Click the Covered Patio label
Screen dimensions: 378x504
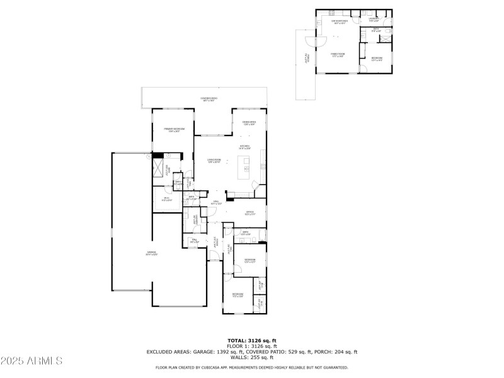pyautogui.click(x=209, y=99)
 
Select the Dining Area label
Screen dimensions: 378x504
pyautogui.click(x=249, y=123)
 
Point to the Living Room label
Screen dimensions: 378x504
pyautogui.click(x=214, y=161)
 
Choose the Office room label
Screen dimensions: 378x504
pyautogui.click(x=249, y=213)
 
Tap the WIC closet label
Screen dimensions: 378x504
pyautogui.click(x=166, y=199)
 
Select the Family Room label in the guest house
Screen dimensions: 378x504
pyautogui.click(x=338, y=55)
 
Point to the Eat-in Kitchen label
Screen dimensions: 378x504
pyautogui.click(x=340, y=21)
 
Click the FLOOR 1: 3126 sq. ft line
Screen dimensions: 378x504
pyautogui.click(x=252, y=346)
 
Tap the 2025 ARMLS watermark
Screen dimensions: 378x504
pyautogui.click(x=31, y=361)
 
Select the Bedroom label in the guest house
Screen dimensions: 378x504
pyautogui.click(x=377, y=59)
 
